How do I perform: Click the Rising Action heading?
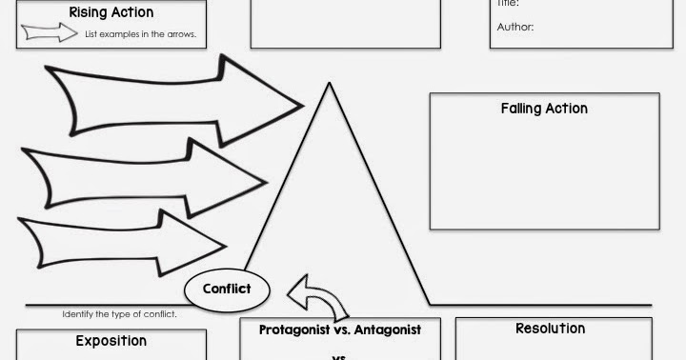111,12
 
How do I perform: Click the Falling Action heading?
544,109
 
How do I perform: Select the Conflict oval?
227,289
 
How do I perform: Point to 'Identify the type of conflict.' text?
119,314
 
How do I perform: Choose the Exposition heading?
111,340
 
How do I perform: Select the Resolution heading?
550,329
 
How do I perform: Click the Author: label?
515,27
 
